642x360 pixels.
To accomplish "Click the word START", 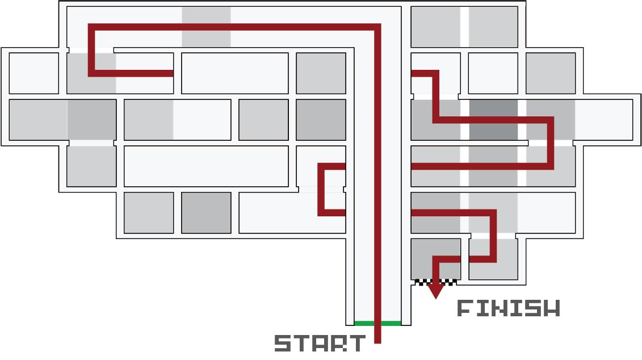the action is click(320, 344).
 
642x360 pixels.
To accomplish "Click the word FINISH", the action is click(509, 308).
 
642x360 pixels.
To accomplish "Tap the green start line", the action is click(377, 323).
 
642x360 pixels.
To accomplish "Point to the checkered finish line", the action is click(435, 282).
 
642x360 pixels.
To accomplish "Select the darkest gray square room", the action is click(493, 119).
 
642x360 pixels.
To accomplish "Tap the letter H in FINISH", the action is click(551, 308).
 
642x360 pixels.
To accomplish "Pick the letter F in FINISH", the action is click(465, 308).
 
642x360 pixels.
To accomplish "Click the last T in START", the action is click(356, 344).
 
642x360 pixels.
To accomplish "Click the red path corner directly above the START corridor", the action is click(377, 26).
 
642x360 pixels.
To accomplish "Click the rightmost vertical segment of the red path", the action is click(551, 143).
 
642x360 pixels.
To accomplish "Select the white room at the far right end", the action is click(603, 119).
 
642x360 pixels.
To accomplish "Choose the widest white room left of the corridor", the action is click(206, 166).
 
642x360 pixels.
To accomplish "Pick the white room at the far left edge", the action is click(33, 73).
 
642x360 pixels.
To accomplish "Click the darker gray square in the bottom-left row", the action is click(206, 212).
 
